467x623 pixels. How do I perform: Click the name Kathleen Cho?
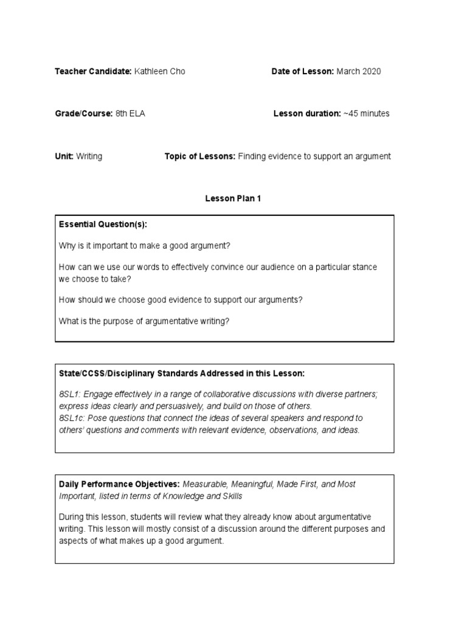(159, 72)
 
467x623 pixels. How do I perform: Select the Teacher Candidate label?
(93, 72)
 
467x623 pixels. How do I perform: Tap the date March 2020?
(359, 72)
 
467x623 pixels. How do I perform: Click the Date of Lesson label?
(303, 72)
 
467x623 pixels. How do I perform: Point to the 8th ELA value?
(130, 114)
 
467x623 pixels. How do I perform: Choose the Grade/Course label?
(84, 114)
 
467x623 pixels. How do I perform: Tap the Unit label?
(64, 156)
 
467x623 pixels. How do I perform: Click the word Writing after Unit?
(89, 156)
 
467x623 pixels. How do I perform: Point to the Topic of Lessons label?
(200, 156)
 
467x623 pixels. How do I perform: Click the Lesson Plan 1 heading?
(233, 199)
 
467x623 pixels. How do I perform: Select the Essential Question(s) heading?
(103, 224)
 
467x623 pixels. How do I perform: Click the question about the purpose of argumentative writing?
(144, 321)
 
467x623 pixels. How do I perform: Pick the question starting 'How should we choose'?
(181, 299)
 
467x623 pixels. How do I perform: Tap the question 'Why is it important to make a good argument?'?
(145, 246)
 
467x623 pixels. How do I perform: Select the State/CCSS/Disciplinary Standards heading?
(180, 373)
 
